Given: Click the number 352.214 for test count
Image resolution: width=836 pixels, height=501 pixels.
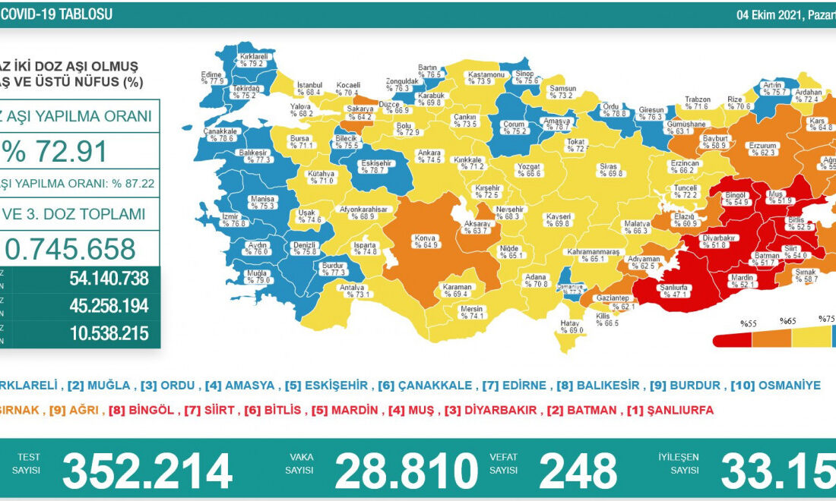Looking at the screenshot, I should pyautogui.click(x=147, y=471).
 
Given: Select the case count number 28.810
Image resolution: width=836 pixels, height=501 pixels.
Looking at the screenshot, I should pyautogui.click(x=406, y=471).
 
